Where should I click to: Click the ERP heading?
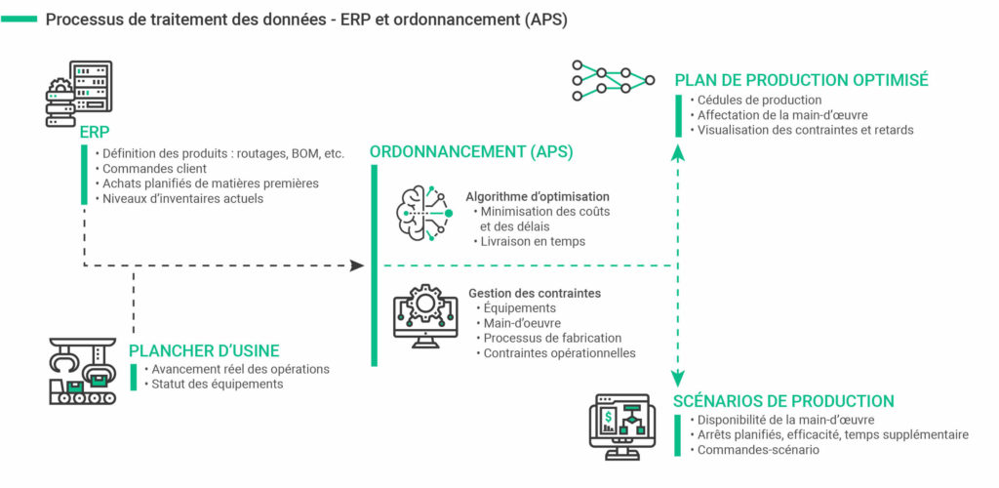click(x=96, y=133)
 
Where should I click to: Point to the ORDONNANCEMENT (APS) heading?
click(x=471, y=152)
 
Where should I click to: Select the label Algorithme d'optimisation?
click(x=538, y=196)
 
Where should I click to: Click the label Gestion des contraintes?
click(x=535, y=293)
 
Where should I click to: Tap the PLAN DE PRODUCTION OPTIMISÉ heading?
click(x=801, y=80)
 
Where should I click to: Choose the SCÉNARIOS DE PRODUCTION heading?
click(x=783, y=401)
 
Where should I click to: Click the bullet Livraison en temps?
click(x=534, y=241)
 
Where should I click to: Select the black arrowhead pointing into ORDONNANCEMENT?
click(x=357, y=265)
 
